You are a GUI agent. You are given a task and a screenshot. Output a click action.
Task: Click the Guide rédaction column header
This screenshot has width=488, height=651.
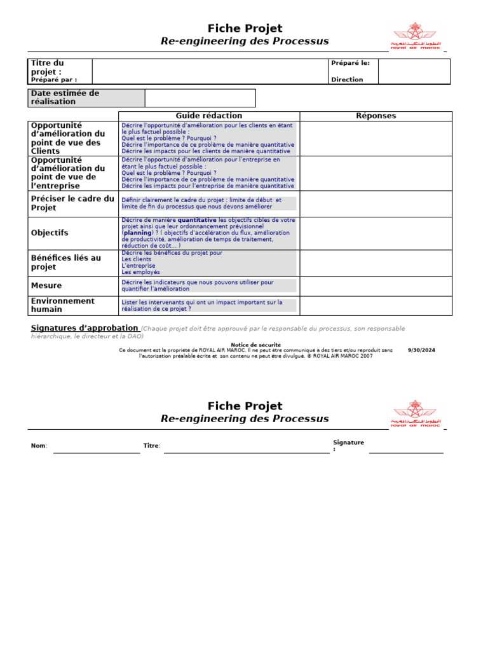[209, 116]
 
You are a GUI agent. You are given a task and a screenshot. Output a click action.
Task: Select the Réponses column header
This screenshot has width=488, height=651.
[376, 116]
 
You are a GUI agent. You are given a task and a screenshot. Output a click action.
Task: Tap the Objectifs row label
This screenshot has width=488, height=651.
[50, 233]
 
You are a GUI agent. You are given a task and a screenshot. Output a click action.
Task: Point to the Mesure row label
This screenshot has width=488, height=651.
[46, 286]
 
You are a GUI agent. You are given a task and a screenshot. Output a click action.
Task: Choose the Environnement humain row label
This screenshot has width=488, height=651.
[63, 305]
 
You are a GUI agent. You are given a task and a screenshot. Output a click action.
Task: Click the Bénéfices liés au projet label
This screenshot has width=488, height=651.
[66, 263]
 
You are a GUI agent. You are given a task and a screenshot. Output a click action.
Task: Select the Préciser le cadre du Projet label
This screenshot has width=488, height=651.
[72, 203]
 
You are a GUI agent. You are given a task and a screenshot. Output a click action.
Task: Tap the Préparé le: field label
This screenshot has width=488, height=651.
[350, 63]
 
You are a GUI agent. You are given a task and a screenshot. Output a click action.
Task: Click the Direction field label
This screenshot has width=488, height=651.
[347, 79]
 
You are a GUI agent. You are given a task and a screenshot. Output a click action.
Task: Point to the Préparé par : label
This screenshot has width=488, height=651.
[54, 79]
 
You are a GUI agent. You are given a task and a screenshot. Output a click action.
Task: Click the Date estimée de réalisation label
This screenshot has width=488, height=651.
[65, 97]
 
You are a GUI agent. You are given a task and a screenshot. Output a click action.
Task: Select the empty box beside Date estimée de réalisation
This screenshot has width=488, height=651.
[200, 98]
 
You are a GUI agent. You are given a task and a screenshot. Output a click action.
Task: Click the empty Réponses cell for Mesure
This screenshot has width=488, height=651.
[376, 286]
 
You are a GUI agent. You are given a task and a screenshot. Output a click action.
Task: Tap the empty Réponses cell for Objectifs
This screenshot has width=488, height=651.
[376, 233]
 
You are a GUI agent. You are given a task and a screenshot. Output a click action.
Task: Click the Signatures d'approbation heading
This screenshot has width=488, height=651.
[85, 328]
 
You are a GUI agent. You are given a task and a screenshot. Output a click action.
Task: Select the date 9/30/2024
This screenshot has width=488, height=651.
[421, 350]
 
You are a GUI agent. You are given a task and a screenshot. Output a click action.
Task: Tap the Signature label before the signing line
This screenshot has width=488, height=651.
[348, 445]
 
